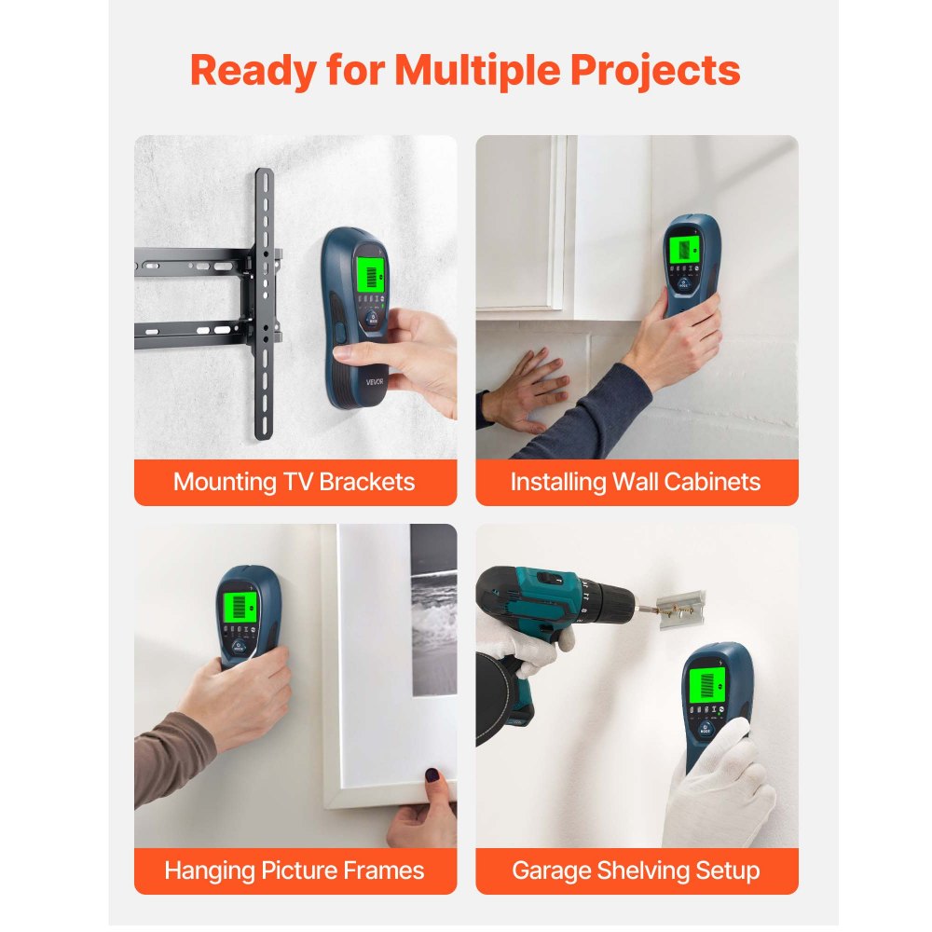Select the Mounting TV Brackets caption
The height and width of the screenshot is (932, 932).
[295, 482]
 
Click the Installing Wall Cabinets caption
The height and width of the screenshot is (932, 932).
[636, 482]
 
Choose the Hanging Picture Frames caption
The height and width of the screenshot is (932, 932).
[295, 870]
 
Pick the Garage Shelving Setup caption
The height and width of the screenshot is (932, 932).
[636, 870]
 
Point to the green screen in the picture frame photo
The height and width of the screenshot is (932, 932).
[240, 607]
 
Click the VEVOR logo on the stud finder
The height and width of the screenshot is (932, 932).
[376, 381]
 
